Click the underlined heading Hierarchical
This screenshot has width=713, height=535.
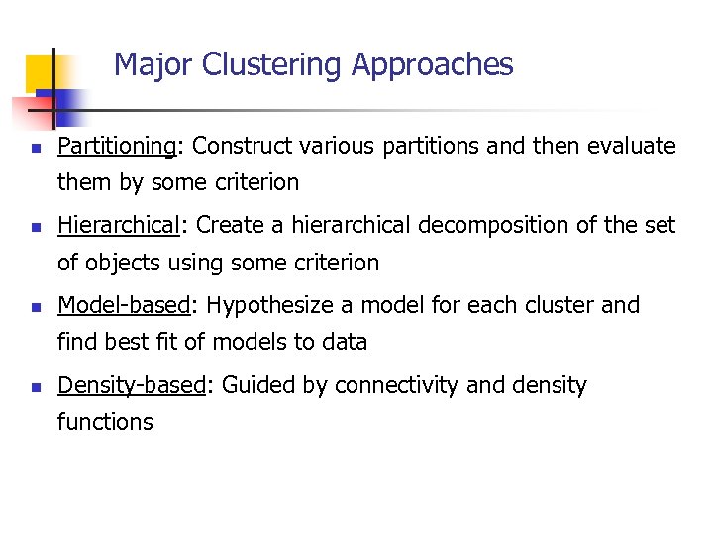click(117, 225)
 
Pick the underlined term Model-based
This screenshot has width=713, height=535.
click(123, 305)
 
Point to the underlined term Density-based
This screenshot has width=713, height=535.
click(131, 385)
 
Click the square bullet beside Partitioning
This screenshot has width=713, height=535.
click(35, 149)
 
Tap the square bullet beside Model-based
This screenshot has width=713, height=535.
click(35, 307)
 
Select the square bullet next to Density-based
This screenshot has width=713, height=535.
click(35, 387)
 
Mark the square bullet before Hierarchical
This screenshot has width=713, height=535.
click(35, 227)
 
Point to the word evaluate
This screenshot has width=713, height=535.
click(631, 147)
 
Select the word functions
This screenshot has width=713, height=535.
click(105, 422)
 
